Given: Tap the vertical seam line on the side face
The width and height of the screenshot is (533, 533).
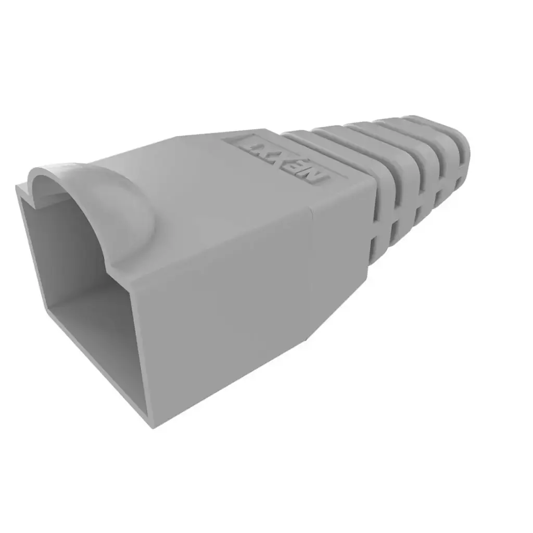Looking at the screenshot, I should (311, 271).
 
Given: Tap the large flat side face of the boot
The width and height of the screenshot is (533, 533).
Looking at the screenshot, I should (224, 312).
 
